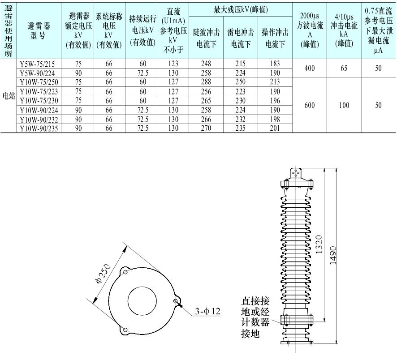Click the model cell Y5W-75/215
coord(37,64)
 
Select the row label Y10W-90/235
coord(39,129)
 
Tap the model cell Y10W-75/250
coord(39,82)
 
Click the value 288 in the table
coord(206,82)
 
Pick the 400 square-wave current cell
coord(309,68)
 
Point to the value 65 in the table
coord(344,68)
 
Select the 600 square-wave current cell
coord(309,105)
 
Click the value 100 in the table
coord(344,105)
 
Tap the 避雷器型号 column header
coord(39,30)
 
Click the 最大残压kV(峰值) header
coord(241,9)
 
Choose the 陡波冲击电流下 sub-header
coord(206,38)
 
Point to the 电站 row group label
coord(9,96)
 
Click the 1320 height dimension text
coord(319,244)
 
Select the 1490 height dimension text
coord(333,256)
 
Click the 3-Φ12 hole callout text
coord(207,311)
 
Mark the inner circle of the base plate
coord(142,301)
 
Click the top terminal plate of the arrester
coord(295,174)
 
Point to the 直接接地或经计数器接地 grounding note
coord(255,317)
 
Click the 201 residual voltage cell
coord(275,128)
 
